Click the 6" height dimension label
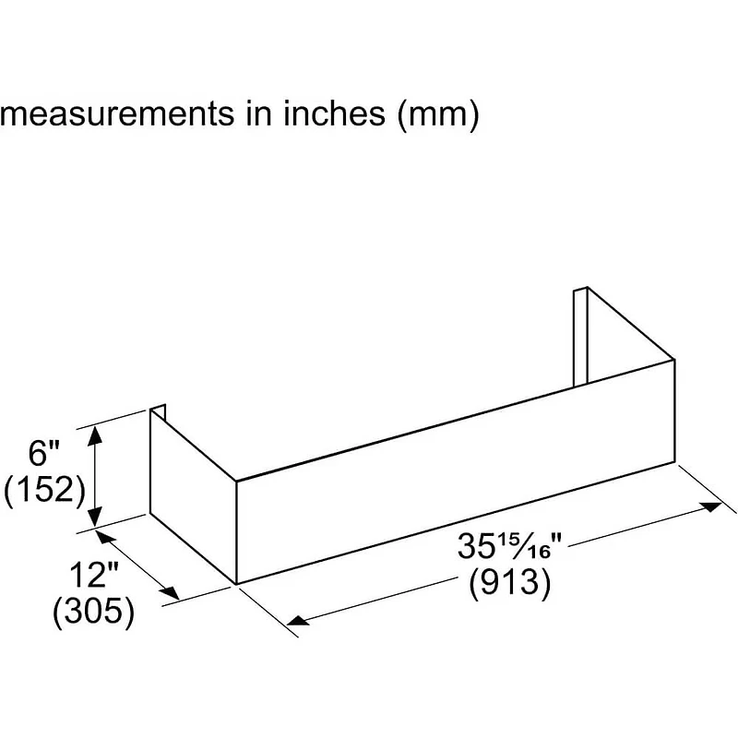43,454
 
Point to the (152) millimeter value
45,489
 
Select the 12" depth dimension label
94,577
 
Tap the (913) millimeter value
509,583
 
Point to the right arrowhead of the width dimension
713,506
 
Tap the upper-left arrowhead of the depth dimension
102,535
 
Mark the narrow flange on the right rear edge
580,337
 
